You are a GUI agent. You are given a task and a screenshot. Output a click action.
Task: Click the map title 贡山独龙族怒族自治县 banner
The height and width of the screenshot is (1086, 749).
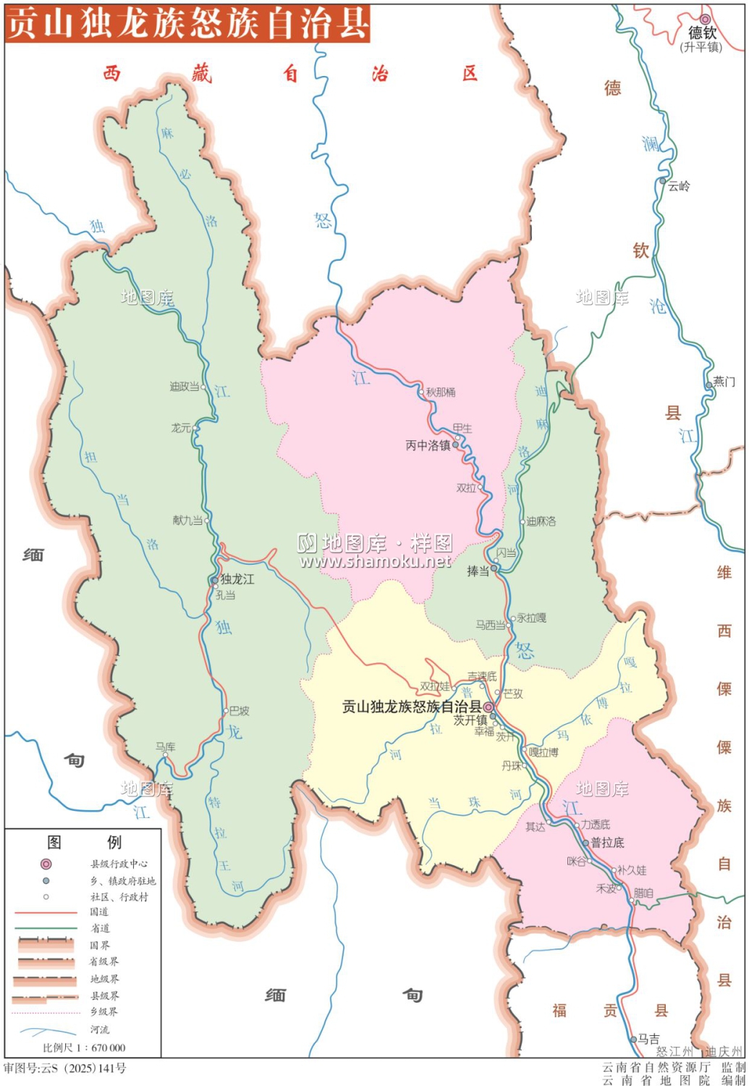point(187,23)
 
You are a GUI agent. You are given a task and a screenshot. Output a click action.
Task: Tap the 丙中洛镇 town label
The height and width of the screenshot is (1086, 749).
point(428,445)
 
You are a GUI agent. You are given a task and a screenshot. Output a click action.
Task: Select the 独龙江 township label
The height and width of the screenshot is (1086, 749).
point(237,579)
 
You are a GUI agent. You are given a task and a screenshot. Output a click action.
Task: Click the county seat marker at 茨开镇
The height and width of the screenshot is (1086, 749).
point(489,707)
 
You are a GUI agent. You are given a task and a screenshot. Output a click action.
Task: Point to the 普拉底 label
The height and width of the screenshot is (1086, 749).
point(607,843)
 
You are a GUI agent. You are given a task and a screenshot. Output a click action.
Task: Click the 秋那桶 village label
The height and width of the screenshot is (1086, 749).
point(441,392)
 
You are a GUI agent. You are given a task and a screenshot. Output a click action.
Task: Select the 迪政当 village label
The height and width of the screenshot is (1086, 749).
point(185,387)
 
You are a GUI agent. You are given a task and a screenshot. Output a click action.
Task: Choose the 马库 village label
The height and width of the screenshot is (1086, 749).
point(166,746)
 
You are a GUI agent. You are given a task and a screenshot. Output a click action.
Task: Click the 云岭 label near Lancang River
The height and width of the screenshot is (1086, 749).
point(679,186)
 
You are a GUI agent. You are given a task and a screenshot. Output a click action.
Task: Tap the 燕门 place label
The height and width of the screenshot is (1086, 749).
point(724,382)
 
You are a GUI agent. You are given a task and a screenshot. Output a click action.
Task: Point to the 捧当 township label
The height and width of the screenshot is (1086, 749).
point(478,571)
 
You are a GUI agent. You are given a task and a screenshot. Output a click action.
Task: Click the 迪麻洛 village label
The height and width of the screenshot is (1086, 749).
point(541,521)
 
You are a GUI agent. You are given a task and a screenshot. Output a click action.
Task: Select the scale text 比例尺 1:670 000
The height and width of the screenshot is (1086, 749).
point(84,1048)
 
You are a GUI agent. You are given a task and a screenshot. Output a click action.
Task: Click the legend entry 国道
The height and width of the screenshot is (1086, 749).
point(99,912)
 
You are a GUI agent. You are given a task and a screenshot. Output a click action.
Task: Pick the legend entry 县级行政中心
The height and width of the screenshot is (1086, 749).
point(119,864)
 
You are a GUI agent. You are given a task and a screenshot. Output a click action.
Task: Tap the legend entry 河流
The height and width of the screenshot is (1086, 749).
point(100,1030)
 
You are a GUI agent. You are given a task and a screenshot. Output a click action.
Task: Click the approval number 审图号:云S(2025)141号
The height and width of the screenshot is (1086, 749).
point(65,1069)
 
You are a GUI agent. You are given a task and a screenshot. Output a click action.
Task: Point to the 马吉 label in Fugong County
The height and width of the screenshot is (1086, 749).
point(649,1038)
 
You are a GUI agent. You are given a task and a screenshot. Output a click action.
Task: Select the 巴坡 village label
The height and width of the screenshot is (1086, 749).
point(240,711)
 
